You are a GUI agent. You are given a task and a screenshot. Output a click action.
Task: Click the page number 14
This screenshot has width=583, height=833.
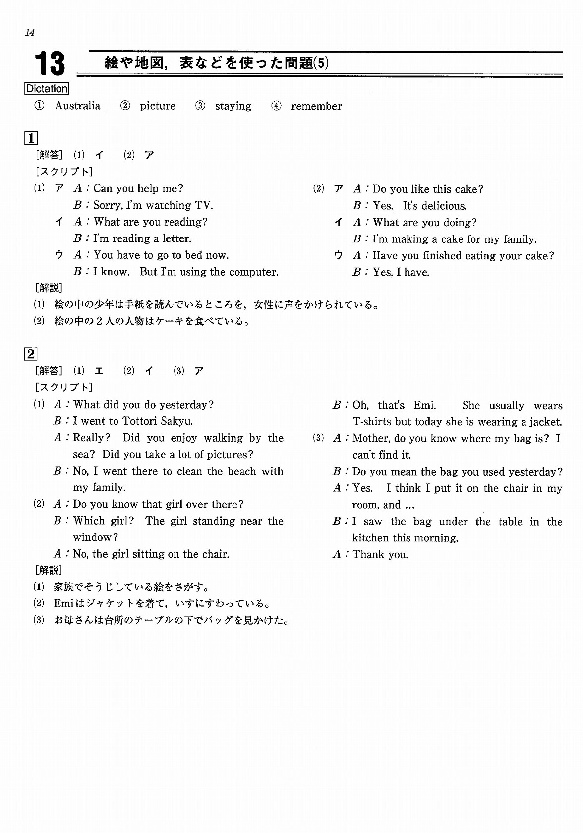(x=29, y=33)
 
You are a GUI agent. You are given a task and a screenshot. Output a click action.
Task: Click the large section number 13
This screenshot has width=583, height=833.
(x=50, y=64)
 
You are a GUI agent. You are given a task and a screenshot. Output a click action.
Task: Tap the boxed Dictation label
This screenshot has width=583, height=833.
(x=47, y=89)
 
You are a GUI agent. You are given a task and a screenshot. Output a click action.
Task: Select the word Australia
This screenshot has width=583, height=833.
(x=77, y=106)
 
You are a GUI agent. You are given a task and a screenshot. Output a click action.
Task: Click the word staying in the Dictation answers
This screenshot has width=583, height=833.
(x=233, y=106)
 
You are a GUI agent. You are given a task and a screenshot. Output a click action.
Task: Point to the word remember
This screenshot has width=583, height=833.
(x=316, y=106)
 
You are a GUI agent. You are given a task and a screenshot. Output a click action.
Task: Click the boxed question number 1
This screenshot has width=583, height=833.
(x=31, y=138)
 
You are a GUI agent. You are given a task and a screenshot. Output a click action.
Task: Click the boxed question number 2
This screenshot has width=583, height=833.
(x=31, y=354)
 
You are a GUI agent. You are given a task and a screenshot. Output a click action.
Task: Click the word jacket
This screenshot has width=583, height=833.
(x=545, y=422)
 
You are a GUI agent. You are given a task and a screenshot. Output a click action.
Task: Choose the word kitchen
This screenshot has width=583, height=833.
(x=370, y=538)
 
